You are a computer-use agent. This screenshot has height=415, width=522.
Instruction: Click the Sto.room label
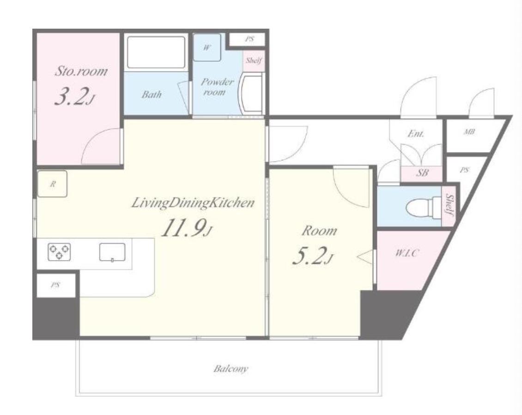pos(81,71)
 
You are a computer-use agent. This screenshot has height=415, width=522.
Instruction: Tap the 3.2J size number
pos(75,97)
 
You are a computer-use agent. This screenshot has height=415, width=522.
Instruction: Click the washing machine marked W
pos(207,48)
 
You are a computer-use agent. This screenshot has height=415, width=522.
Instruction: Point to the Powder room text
pos(217,86)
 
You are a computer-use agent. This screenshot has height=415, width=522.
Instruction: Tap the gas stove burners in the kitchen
pos(59,251)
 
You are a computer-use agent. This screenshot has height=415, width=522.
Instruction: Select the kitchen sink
pos(113,252)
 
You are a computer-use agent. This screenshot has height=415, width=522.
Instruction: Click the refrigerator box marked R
pos(52,183)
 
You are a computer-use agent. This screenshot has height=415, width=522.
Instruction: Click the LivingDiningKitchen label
pos(193,203)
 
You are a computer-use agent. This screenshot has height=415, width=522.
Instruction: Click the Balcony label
pos(231,369)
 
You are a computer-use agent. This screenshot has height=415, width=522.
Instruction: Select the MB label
pos(469,132)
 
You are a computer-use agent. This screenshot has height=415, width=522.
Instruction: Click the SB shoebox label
pos(422,173)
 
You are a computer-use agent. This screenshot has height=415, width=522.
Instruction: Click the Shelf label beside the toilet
pos(449,205)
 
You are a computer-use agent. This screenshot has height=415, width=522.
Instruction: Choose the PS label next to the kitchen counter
pos(55,285)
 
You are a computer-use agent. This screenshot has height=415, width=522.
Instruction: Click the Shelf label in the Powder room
pos(254,60)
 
